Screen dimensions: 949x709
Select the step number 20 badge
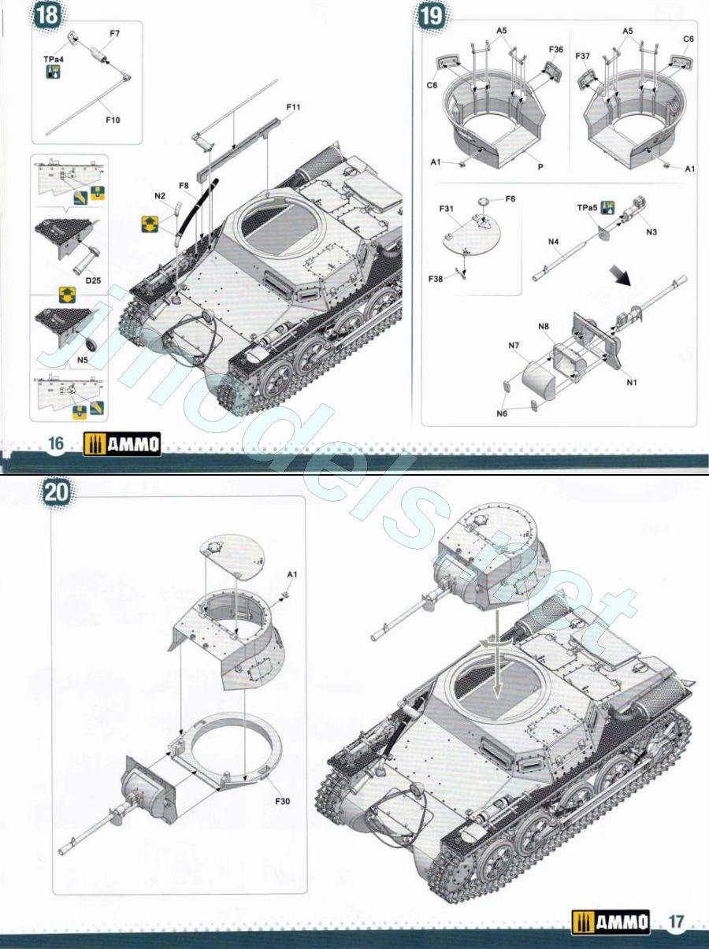(57, 495)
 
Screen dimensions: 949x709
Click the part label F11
(293, 107)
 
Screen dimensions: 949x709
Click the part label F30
(284, 802)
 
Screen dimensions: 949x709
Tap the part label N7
(514, 344)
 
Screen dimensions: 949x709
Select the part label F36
(555, 50)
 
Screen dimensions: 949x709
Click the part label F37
(582, 56)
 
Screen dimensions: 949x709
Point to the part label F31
(447, 209)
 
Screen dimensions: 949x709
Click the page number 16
(55, 443)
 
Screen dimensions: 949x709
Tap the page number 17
(675, 921)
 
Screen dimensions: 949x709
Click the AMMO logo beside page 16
(122, 444)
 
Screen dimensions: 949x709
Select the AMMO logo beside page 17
(611, 921)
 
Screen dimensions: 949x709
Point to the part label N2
(160, 195)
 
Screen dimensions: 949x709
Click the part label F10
(113, 120)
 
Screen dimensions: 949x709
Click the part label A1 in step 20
(292, 574)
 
